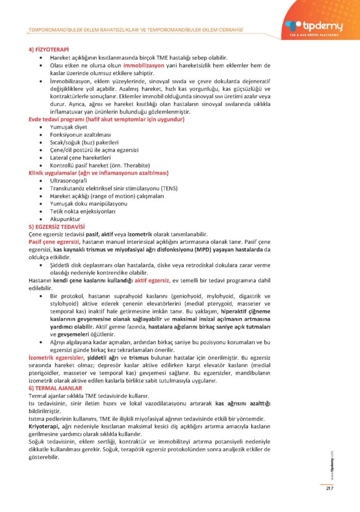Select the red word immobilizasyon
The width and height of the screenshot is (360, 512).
pos(143,65)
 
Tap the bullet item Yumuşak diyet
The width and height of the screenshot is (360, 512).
pos(69,127)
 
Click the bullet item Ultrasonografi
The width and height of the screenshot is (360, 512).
pos(68,181)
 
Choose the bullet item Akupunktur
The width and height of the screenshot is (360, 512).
pos(65,219)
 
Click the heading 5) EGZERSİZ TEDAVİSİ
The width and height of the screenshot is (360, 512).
pos(57,227)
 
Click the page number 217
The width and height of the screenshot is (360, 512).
pos(330,488)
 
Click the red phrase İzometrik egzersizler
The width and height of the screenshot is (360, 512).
pos(57,357)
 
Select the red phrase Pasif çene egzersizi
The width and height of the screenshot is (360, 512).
pos(54,242)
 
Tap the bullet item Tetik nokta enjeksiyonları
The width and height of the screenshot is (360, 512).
pos(82,211)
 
